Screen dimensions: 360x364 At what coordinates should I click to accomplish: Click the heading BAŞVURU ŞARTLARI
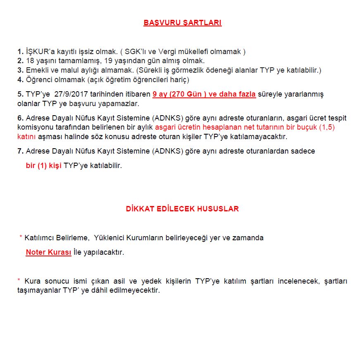pyautogui.click(x=182, y=23)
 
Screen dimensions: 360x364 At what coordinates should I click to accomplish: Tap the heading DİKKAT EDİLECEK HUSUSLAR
pyautogui.click(x=182, y=209)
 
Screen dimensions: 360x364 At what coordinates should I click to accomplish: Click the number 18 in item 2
pyautogui.click(x=29, y=61)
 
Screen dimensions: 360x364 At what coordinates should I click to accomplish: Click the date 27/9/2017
pyautogui.click(x=71, y=94)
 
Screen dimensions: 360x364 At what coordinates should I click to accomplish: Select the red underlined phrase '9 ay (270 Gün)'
pyautogui.click(x=179, y=94)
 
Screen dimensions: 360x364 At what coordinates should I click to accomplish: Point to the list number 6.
pyautogui.click(x=20, y=118)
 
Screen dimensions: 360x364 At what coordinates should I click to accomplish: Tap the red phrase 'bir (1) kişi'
pyautogui.click(x=44, y=166)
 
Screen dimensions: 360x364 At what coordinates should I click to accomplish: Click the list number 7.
pyautogui.click(x=20, y=151)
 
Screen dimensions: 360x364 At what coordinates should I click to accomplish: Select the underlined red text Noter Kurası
pyautogui.click(x=48, y=252)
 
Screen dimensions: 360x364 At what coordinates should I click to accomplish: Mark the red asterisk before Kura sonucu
pyautogui.click(x=19, y=281)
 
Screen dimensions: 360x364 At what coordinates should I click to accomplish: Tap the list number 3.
pyautogui.click(x=20, y=70)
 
